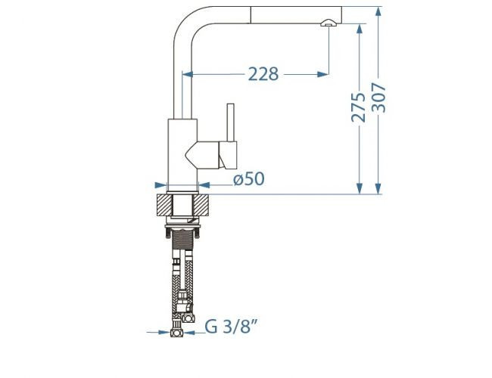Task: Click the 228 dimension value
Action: click(263, 74)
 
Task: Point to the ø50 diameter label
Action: click(248, 180)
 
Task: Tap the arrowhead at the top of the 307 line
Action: click(378, 11)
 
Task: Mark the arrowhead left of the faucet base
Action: click(161, 184)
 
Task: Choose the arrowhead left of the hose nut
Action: click(165, 332)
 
